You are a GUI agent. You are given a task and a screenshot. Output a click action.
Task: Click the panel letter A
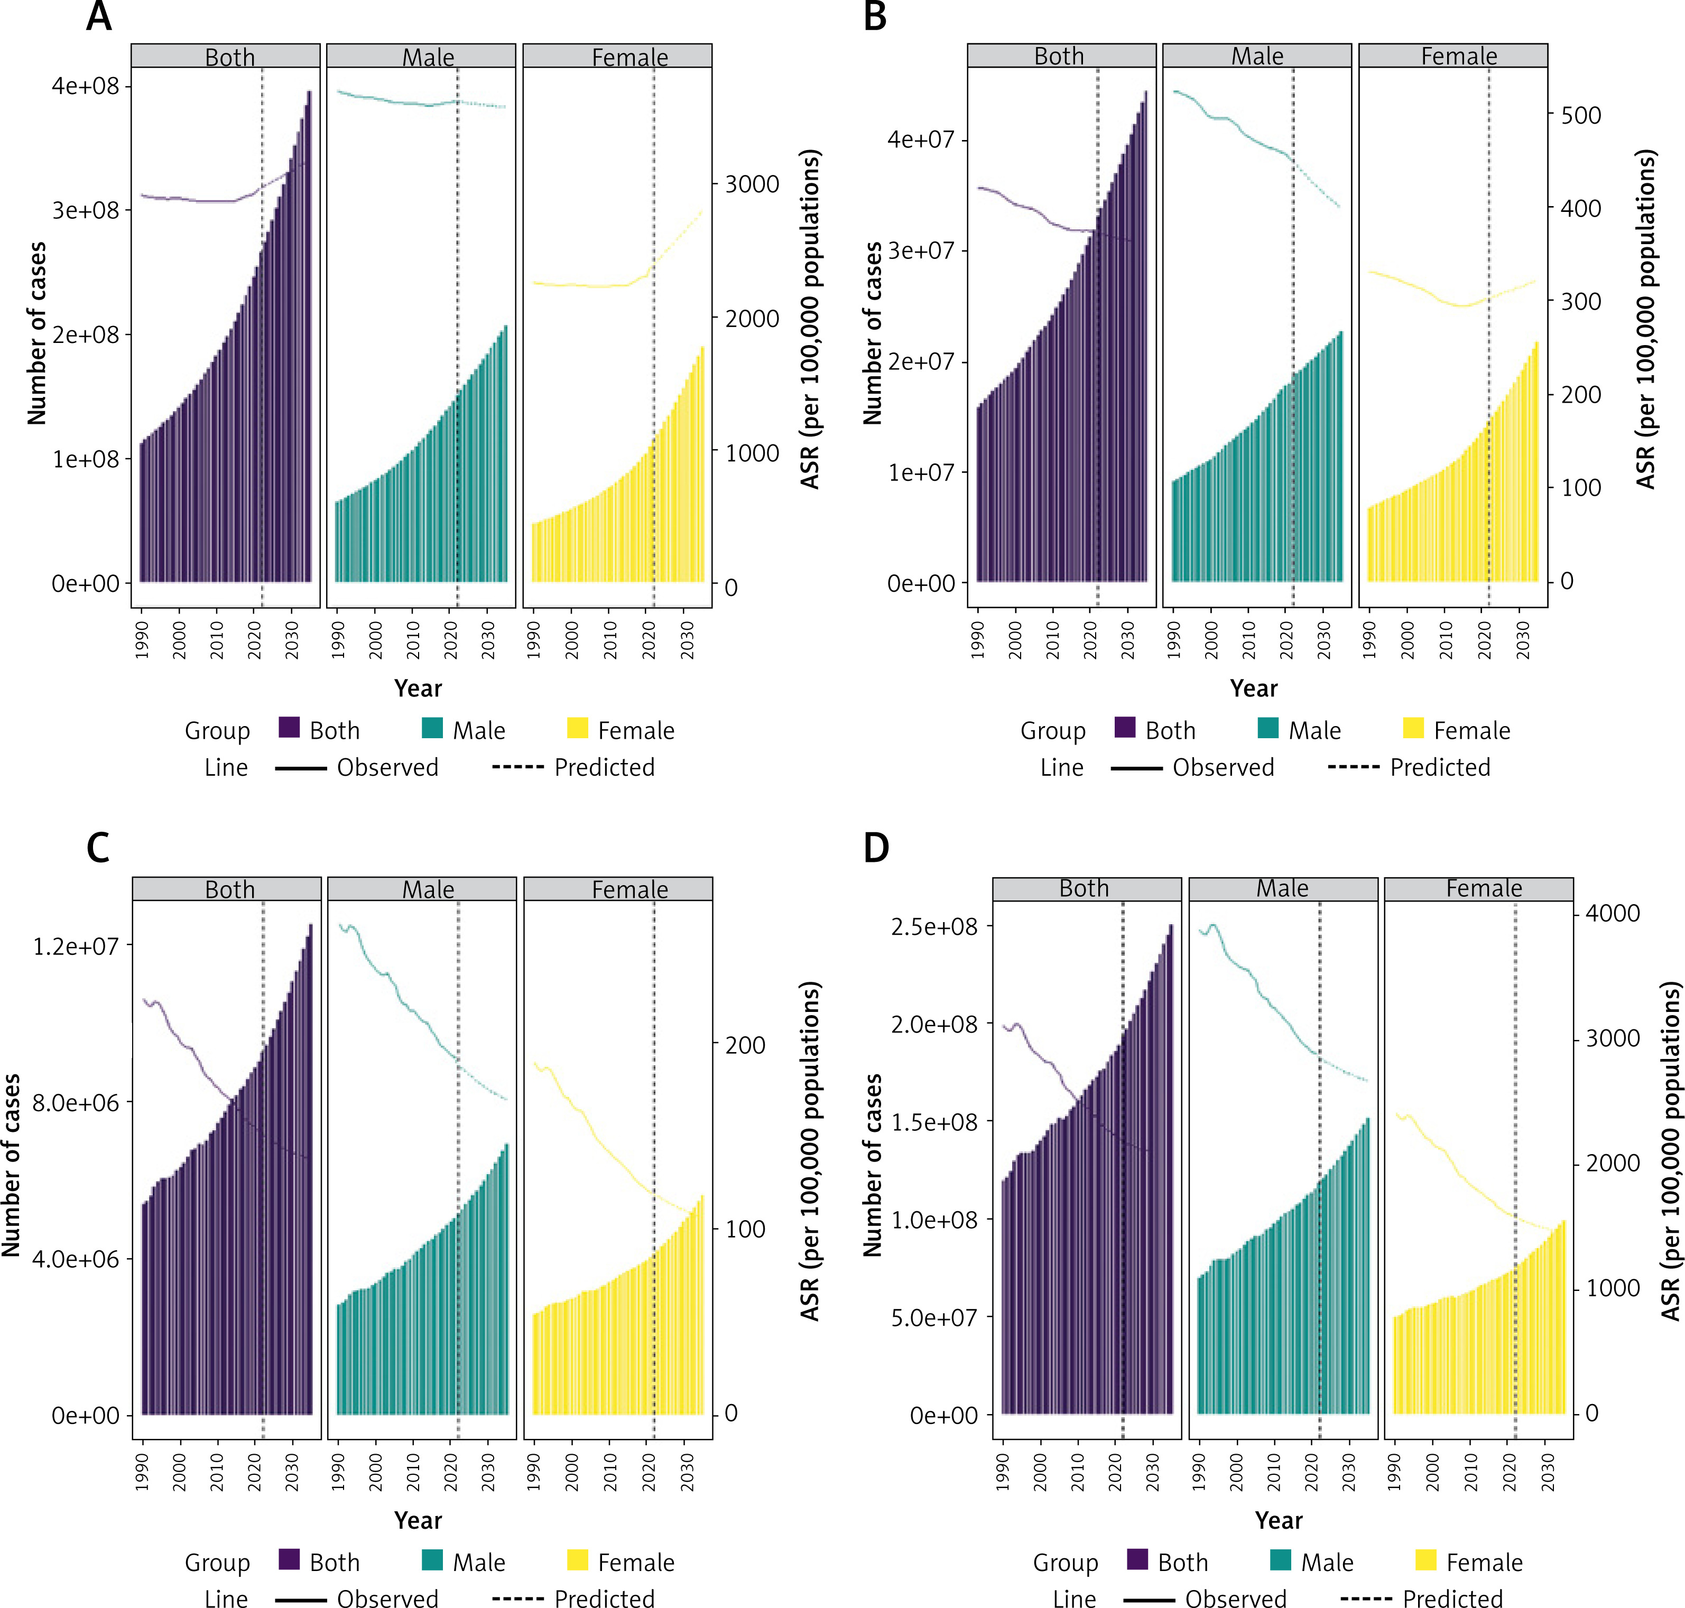tap(99, 16)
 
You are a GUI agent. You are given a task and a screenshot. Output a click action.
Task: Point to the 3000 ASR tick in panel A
tap(751, 184)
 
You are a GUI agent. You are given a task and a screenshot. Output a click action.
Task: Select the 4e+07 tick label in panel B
tap(921, 140)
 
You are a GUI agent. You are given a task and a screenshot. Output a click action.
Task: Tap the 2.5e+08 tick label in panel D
tap(934, 926)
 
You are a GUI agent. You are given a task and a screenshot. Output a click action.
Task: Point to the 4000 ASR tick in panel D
tap(1612, 914)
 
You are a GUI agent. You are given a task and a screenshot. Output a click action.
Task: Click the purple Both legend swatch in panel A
tap(289, 729)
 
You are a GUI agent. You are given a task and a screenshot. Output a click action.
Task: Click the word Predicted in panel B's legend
tap(1440, 767)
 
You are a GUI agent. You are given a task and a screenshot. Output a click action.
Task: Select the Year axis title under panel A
tap(418, 689)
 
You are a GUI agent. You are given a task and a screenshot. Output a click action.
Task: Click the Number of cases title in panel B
tap(872, 333)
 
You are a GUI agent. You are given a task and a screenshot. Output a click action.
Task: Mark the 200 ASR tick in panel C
tap(744, 1046)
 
